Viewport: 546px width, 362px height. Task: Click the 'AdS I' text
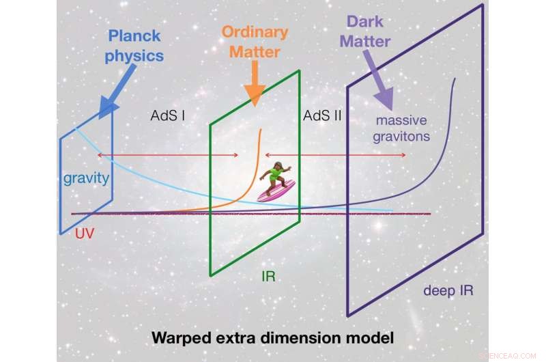point(168,116)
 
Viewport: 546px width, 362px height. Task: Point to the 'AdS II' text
point(321,116)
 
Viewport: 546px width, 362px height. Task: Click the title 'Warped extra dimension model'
point(273,337)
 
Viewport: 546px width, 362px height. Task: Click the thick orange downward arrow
point(254,84)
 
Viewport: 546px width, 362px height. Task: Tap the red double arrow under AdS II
point(335,155)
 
